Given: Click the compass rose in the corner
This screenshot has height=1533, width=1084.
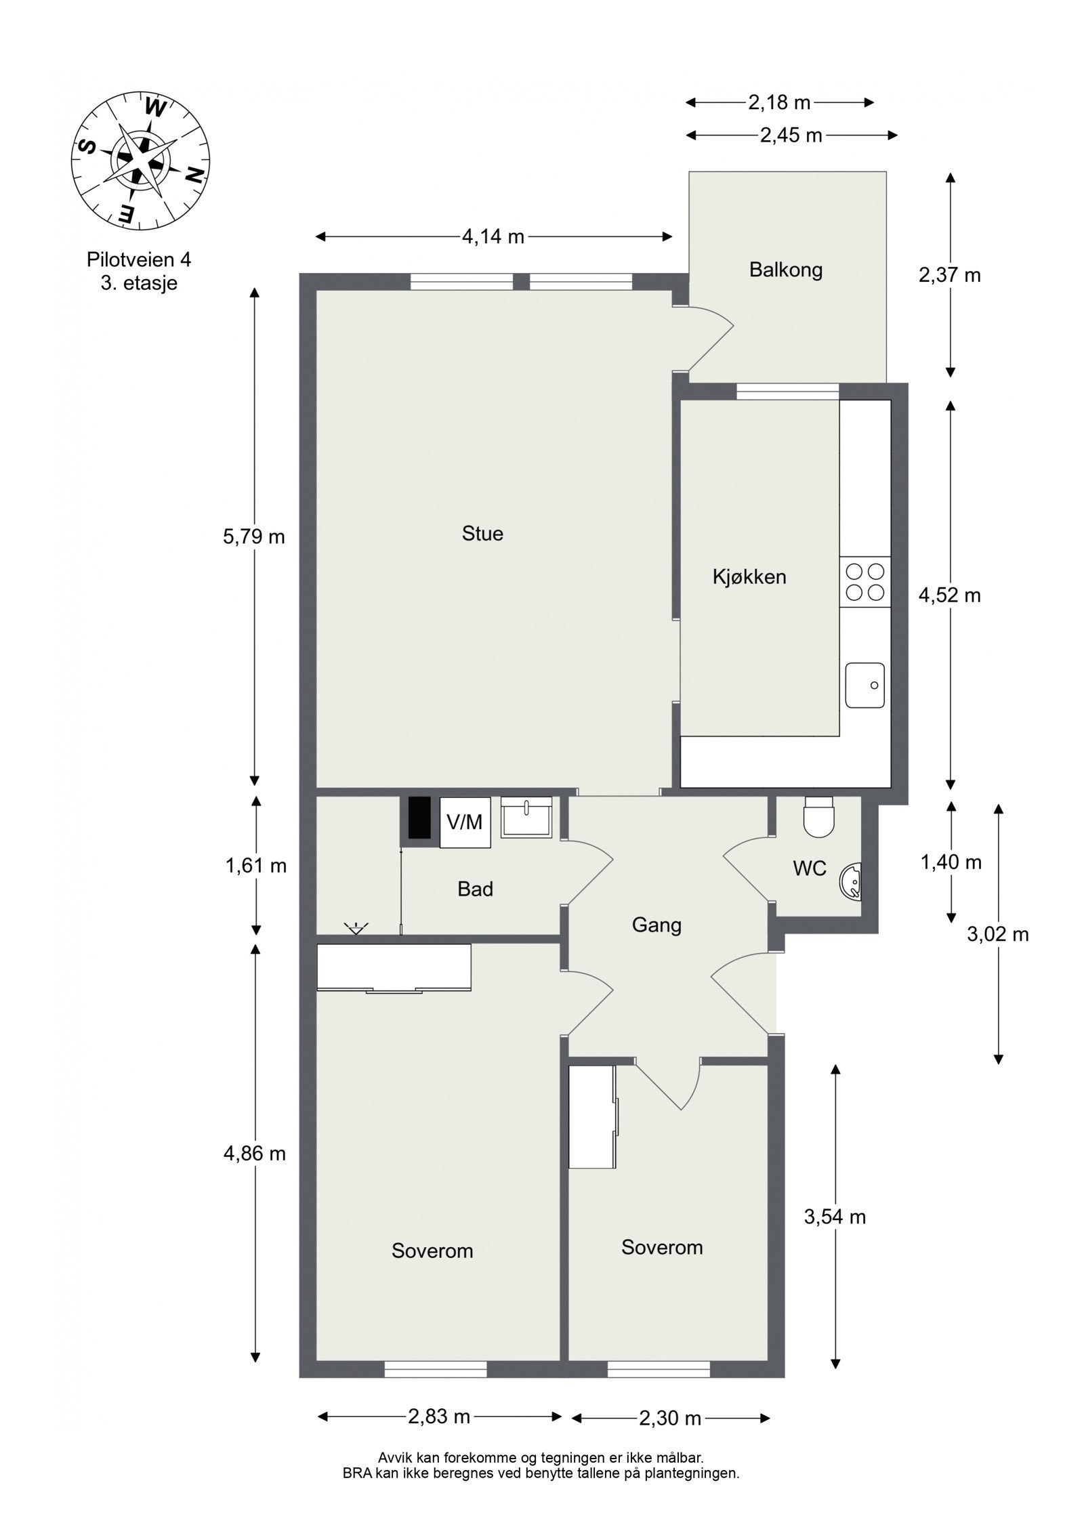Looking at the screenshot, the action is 140,161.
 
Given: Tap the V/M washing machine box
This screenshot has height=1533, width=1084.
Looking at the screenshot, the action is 465,822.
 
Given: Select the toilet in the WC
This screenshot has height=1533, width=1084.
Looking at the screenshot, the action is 818,816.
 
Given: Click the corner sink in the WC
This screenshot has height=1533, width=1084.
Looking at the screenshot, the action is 851,881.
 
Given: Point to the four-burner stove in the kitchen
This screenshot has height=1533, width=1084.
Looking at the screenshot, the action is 865,582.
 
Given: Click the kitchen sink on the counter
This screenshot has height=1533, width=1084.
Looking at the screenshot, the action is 865,685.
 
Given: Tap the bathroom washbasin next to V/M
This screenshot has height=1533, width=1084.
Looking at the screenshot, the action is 526,818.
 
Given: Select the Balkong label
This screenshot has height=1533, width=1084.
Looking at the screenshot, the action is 786,270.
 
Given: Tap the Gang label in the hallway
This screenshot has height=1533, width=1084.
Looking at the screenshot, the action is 656,925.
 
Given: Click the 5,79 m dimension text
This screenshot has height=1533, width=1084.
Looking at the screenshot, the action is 254,537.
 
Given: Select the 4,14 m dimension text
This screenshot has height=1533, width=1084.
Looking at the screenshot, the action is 493,236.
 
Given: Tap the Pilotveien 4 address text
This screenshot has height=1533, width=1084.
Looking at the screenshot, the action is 139,259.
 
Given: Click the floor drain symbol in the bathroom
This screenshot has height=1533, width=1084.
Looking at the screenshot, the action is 355,928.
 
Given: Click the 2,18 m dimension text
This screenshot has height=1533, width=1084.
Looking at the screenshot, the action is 779,102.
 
